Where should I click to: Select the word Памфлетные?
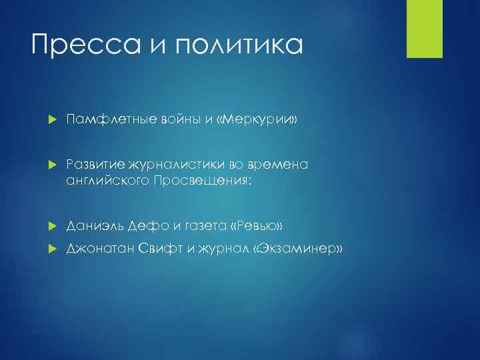coord(105,119)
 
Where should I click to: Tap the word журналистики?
coord(164,165)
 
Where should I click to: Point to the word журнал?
coord(222,249)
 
